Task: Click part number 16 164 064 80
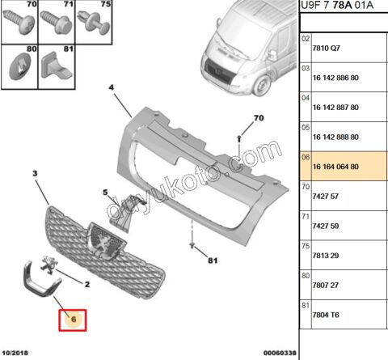point(335,167)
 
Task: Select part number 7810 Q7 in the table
point(326,48)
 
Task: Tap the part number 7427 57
point(325,197)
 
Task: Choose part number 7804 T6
point(326,315)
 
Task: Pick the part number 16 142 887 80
point(335,108)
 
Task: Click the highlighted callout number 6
point(74,320)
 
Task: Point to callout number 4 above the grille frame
point(112,87)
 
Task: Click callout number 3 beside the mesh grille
point(35,173)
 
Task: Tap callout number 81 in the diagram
point(213,260)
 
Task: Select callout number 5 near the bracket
point(105,193)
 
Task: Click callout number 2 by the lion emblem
point(87,284)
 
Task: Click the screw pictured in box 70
point(19,22)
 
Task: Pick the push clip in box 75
point(94,23)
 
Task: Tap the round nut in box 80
point(20,67)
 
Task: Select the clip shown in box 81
point(56,66)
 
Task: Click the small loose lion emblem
point(48,265)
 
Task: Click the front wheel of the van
point(261,86)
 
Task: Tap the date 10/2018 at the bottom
point(15,353)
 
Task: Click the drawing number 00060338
point(280,353)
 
